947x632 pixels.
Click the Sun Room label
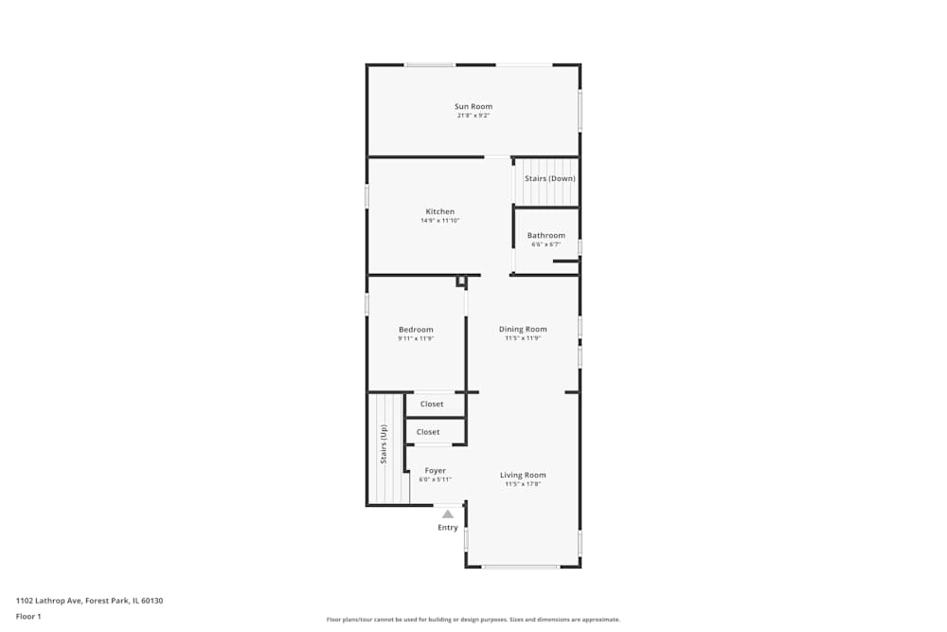pos(473,107)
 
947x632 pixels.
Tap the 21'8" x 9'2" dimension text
pos(473,116)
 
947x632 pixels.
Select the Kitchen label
pos(439,211)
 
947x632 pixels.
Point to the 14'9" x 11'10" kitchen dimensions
pos(439,221)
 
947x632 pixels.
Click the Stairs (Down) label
pos(549,178)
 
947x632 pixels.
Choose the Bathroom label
pos(546,235)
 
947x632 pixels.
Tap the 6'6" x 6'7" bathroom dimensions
pos(546,244)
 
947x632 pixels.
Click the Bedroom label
pos(416,330)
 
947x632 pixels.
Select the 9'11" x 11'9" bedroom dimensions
pos(416,338)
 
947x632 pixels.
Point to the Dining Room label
pos(523,330)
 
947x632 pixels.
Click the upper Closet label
pos(432,405)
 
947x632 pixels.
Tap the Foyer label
pos(435,471)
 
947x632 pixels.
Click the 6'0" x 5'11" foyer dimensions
pos(435,479)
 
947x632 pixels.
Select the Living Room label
pos(523,476)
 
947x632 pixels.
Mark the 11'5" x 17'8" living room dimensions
pos(523,484)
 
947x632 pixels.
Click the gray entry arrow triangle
pos(448,514)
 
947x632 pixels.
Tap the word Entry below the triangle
pos(448,528)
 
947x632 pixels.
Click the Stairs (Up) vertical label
pos(384,443)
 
